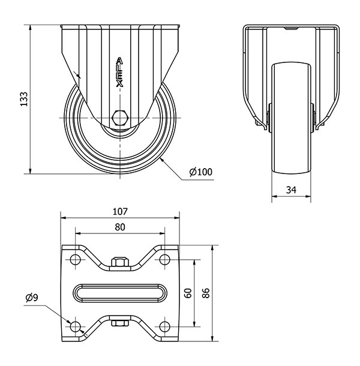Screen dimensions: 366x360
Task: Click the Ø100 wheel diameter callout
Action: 200,172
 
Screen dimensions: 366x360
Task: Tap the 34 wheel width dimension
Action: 292,190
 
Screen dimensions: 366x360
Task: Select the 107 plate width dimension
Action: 120,211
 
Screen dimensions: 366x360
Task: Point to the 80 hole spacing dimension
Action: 120,227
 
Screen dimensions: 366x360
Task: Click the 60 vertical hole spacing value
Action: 188,293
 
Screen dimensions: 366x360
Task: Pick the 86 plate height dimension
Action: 206,293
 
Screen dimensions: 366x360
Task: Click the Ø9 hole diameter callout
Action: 32,298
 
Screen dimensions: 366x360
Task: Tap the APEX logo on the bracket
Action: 119,72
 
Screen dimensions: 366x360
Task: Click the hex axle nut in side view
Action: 120,117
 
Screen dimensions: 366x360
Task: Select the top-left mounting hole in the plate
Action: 76,260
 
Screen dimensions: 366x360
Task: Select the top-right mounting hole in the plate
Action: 164,260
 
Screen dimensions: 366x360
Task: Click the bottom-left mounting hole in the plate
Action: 76,327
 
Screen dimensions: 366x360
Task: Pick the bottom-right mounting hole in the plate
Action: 164,327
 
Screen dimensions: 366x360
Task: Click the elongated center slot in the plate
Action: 120,293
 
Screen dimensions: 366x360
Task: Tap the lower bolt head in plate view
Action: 120,325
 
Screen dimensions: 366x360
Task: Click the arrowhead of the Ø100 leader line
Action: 164,160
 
